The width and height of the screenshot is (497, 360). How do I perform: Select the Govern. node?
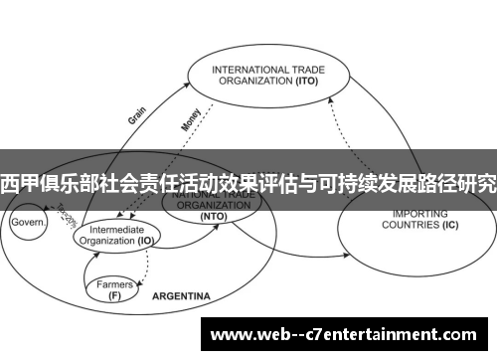click(29, 223)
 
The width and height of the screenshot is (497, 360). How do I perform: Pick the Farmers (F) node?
click(115, 288)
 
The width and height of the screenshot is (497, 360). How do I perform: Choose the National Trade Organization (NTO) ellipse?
click(213, 206)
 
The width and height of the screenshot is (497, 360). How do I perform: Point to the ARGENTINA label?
click(181, 297)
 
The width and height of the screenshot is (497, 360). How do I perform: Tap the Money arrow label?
click(191, 118)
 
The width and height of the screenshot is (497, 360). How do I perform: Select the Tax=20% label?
click(67, 214)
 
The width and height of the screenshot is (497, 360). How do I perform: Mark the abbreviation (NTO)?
click(213, 216)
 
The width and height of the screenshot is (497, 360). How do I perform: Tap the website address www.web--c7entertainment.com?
click(349, 333)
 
